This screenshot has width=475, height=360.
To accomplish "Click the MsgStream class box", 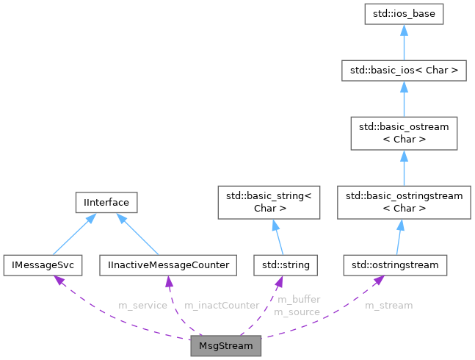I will [225, 345].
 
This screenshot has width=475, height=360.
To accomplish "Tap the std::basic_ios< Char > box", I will [403, 71].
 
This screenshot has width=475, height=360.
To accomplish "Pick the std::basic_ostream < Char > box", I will [403, 134].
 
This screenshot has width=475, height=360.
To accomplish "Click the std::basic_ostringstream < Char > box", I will [403, 201].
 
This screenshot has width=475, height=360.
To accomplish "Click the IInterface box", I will [107, 201].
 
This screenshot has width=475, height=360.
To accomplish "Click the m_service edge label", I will [142, 305].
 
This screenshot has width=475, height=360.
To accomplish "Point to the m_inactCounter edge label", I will [222, 305].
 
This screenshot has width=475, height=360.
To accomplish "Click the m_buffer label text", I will [298, 300].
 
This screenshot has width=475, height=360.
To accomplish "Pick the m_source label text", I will [297, 312].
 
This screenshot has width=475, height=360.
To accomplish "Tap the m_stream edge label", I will [388, 305].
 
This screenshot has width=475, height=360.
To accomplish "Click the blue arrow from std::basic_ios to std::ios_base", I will [403, 42].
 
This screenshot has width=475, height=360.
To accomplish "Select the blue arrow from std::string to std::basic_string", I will [278, 237].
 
